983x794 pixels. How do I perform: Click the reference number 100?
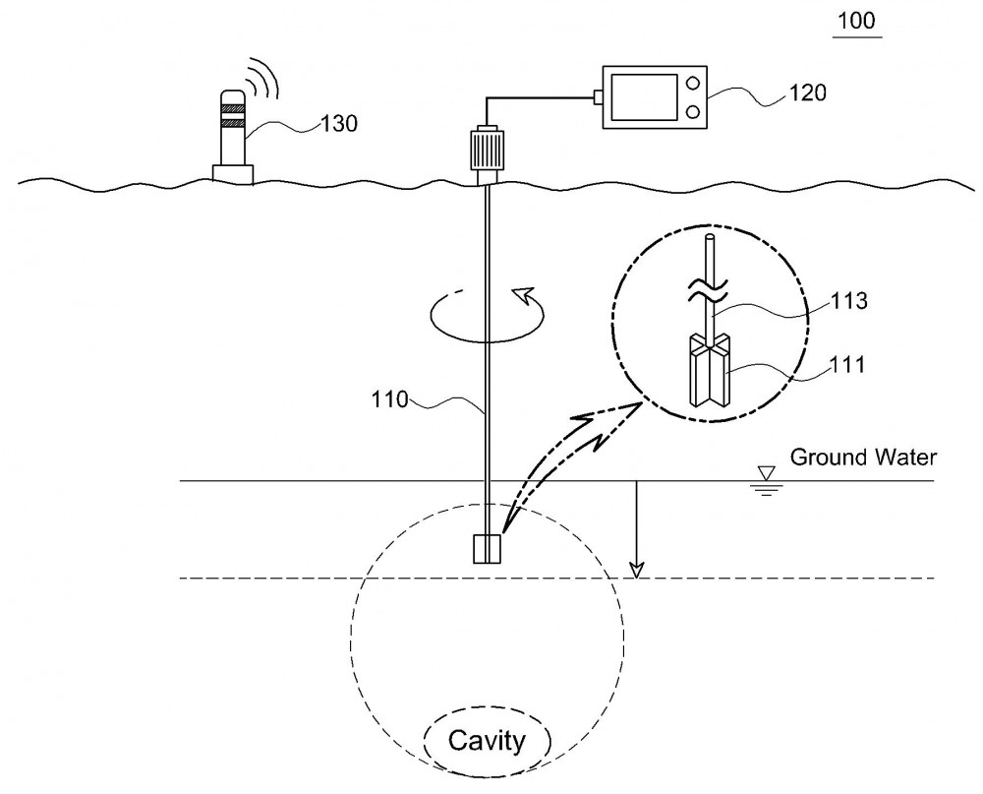tap(856, 21)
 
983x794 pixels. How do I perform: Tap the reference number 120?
tap(807, 92)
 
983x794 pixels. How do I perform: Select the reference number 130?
tap(339, 124)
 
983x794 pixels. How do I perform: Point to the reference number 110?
tap(389, 399)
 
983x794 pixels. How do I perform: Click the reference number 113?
tap(849, 301)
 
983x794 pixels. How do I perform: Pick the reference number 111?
tap(847, 364)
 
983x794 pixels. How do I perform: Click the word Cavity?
tap(487, 741)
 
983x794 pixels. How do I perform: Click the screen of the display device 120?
tap(645, 97)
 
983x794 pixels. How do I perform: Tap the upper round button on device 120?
tap(693, 83)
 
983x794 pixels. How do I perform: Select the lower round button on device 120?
tap(693, 112)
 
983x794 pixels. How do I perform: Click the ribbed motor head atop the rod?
tap(488, 149)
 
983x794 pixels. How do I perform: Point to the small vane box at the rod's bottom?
tap(488, 549)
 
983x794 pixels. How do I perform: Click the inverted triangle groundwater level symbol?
tap(766, 473)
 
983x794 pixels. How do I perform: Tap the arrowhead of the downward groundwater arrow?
tap(636, 571)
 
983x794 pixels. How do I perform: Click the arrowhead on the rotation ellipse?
tap(522, 294)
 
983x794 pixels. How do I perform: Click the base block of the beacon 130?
tap(233, 174)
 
